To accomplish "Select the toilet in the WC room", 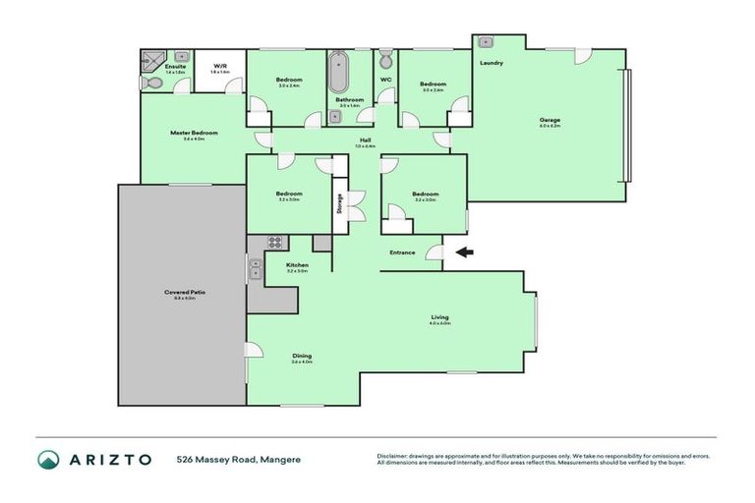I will pyautogui.click(x=385, y=57).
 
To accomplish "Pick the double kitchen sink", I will pyautogui.click(x=255, y=266).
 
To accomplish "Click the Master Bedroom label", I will pyautogui.click(x=193, y=133).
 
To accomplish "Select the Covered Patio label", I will pyautogui.click(x=181, y=293).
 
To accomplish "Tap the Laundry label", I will pyautogui.click(x=492, y=63).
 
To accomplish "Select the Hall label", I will pyautogui.click(x=365, y=140).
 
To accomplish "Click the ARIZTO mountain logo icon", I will pyautogui.click(x=48, y=460).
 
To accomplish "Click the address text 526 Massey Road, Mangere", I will pyautogui.click(x=239, y=460).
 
